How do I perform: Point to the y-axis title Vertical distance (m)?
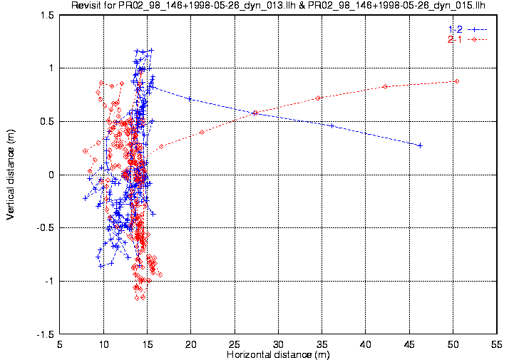pyautogui.click(x=11, y=175)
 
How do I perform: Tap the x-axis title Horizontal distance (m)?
pyautogui.click(x=278, y=354)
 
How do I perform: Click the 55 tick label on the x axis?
pyautogui.click(x=497, y=344)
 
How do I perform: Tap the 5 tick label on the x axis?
pyautogui.click(x=60, y=344)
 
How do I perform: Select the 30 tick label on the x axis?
pyautogui.click(x=278, y=344)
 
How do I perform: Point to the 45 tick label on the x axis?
pyautogui.click(x=409, y=344)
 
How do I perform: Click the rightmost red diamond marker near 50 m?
pyautogui.click(x=456, y=81)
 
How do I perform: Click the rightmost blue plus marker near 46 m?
pyautogui.click(x=420, y=145)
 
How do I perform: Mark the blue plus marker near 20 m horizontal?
pyautogui.click(x=190, y=99)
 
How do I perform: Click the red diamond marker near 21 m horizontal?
pyautogui.click(x=202, y=132)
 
